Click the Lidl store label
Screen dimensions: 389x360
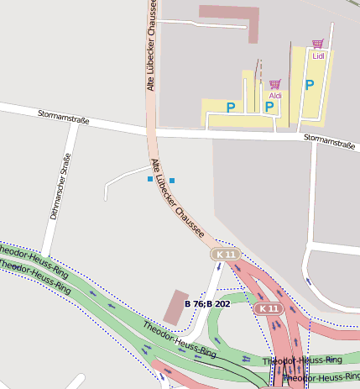click(318, 55)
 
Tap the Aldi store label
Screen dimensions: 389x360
click(275, 96)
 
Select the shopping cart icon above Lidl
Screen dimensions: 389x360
click(317, 43)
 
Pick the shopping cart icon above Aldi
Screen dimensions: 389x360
click(274, 84)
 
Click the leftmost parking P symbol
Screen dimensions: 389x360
click(231, 107)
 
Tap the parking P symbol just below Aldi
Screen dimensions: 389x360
click(269, 107)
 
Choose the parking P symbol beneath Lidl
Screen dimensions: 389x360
click(309, 85)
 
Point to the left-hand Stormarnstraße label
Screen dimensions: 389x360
click(64, 116)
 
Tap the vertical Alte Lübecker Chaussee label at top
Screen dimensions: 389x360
click(152, 46)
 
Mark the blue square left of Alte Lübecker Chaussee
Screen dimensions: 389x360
click(150, 179)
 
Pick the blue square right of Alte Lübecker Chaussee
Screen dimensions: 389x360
click(172, 181)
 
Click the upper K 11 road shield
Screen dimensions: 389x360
click(225, 254)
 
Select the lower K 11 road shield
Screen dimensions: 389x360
click(268, 308)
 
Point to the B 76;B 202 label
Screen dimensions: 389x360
click(207, 303)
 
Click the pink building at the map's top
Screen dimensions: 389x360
click(228, 20)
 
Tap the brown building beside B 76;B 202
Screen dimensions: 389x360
click(175, 308)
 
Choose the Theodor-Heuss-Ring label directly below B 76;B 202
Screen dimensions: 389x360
click(179, 339)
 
